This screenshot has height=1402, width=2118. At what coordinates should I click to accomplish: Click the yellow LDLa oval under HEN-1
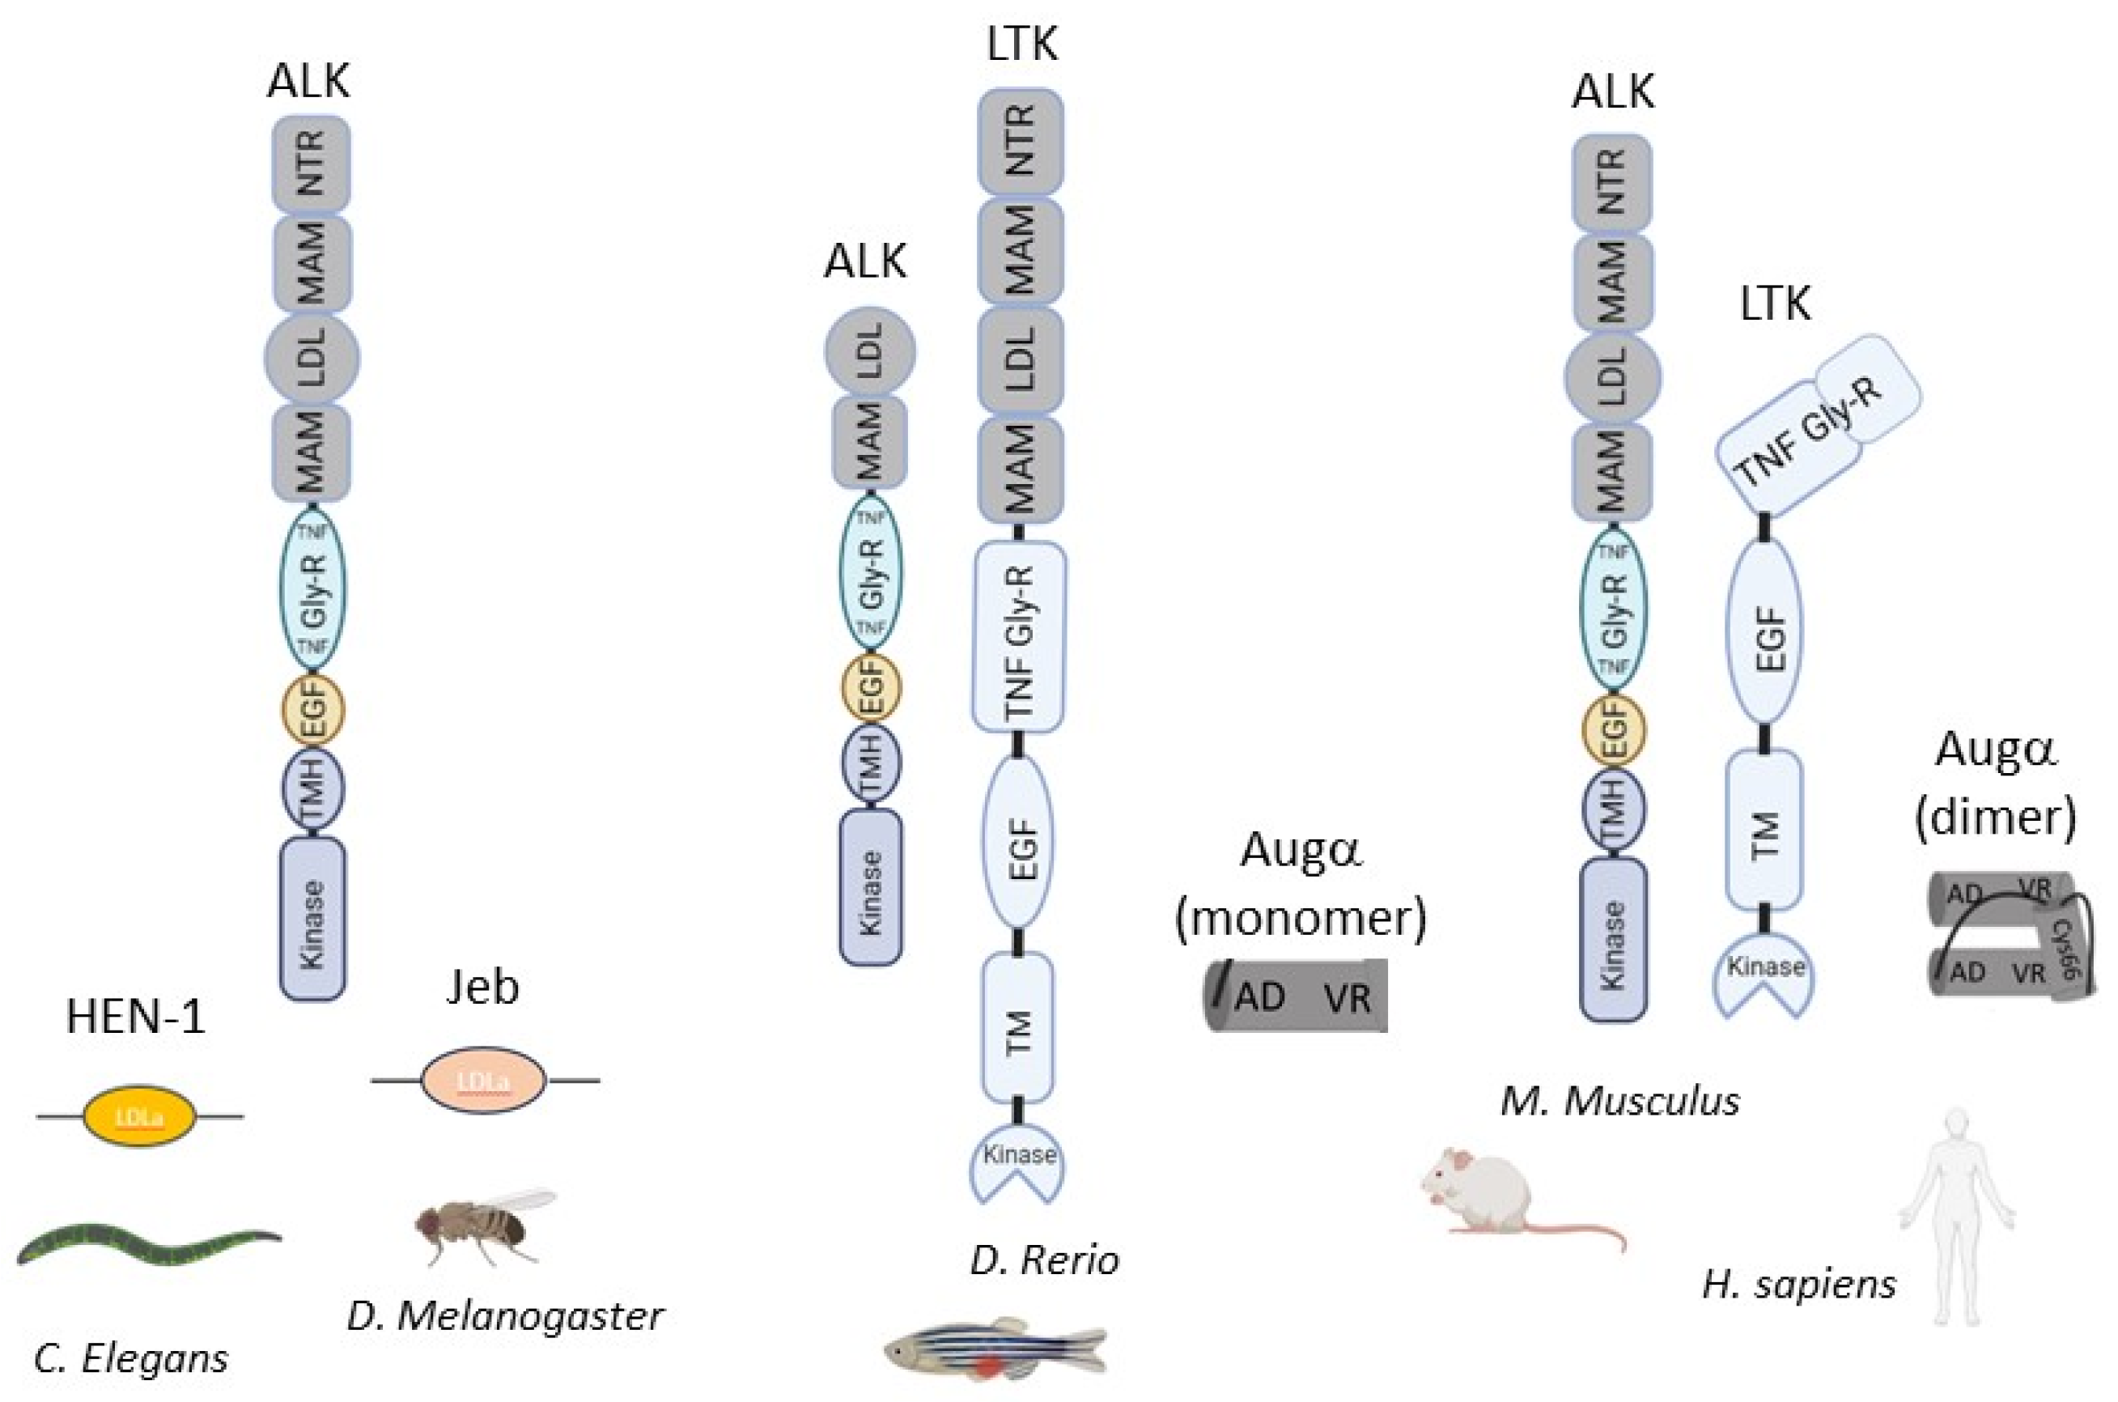click(138, 1117)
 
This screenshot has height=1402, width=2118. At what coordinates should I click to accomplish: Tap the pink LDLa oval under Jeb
click(483, 1080)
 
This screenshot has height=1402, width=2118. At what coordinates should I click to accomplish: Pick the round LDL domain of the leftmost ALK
click(312, 358)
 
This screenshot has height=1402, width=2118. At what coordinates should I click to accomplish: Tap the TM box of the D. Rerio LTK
click(1017, 1028)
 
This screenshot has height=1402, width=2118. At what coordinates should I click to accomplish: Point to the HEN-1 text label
click(136, 1018)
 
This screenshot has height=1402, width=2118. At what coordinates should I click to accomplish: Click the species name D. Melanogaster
click(505, 1316)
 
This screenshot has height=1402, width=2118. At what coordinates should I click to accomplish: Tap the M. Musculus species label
click(1620, 1102)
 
